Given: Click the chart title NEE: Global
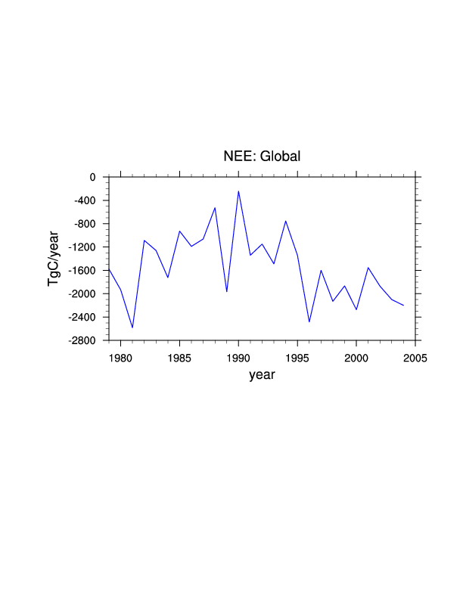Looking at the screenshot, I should tap(262, 157).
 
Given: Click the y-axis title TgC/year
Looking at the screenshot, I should tap(54, 259).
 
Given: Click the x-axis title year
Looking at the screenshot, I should tap(262, 374).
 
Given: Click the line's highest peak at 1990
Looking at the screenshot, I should tap(238, 191).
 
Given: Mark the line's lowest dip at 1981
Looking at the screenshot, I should tap(132, 327).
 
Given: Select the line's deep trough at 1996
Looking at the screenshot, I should tap(309, 322).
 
